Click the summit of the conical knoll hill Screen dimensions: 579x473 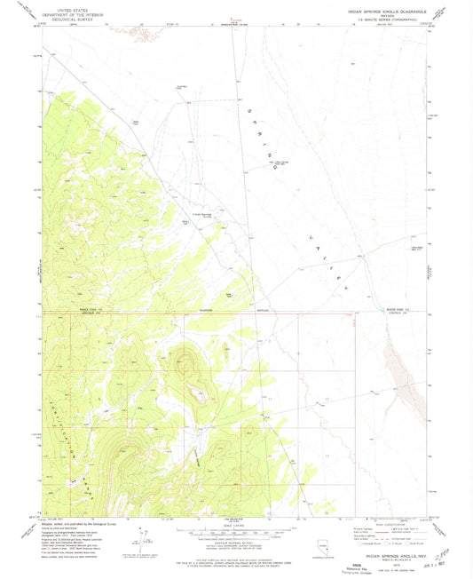click(x=185, y=359)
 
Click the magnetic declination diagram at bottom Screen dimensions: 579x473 click(x=143, y=535)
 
